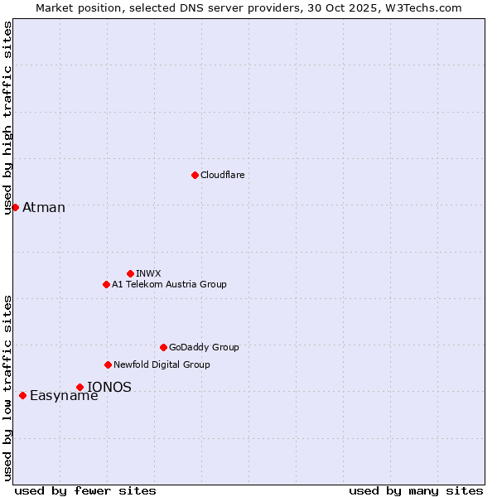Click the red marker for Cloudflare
[195, 175]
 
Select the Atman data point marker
[15, 207]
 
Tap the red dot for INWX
[130, 273]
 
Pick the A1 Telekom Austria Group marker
[106, 284]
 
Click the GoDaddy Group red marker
[163, 347]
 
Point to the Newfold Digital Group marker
[108, 364]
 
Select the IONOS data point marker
[80, 387]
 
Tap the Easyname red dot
[22, 395]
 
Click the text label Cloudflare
[223, 175]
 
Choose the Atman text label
[44, 207]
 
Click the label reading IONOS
[109, 387]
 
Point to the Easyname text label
[64, 395]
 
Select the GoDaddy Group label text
[204, 347]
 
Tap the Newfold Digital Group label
[162, 364]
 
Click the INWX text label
[148, 273]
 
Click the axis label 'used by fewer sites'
[85, 490]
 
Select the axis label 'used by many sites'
[416, 490]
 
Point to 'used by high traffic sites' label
[7, 118]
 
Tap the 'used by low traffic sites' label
[7, 388]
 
